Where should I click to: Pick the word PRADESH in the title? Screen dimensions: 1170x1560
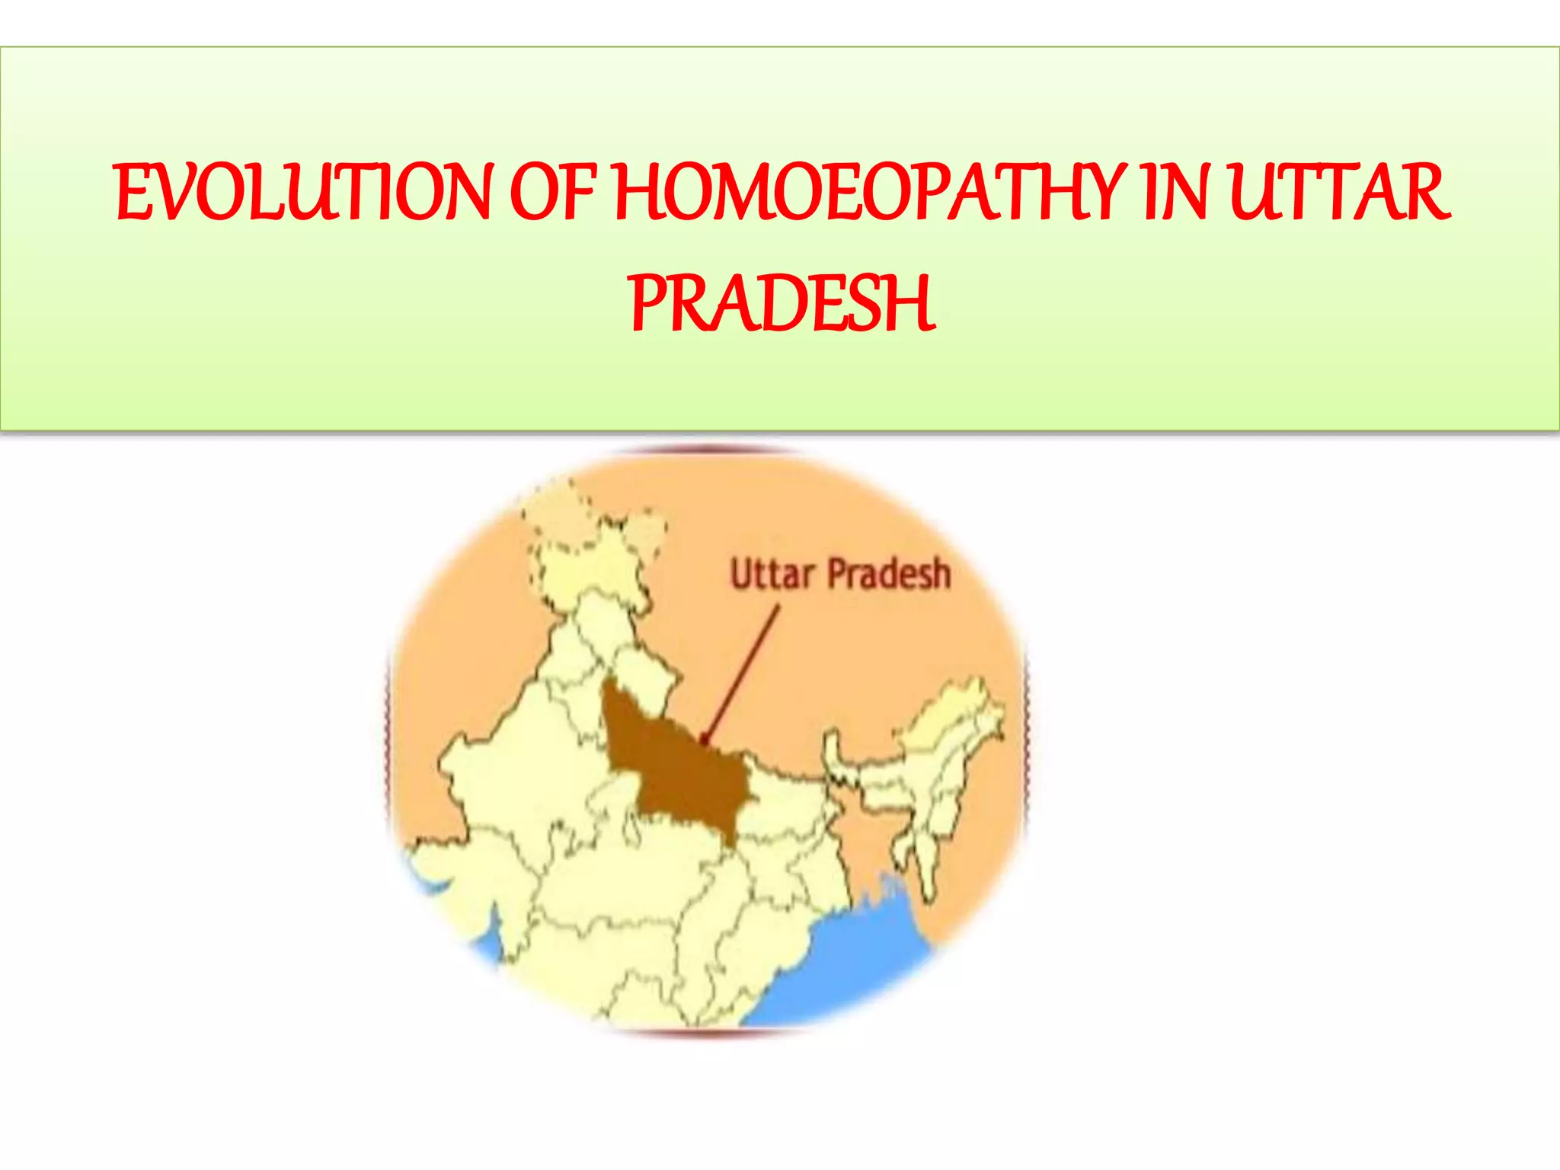click(782, 304)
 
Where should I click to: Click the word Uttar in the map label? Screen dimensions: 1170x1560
click(772, 574)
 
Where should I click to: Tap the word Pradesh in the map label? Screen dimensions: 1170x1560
click(889, 574)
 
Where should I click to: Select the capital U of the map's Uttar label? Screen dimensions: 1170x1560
click(740, 574)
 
